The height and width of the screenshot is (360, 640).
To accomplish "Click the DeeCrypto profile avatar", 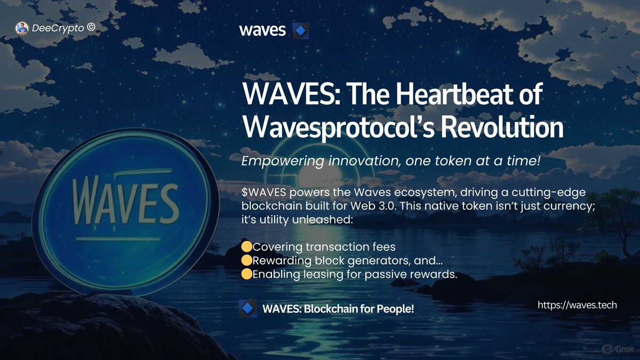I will pyautogui.click(x=21, y=28).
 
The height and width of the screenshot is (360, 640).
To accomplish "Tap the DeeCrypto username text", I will pyautogui.click(x=58, y=28).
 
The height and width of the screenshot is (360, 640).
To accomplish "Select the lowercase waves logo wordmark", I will pyautogui.click(x=262, y=30).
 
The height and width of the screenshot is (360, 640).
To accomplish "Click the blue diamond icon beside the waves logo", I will pyautogui.click(x=301, y=30).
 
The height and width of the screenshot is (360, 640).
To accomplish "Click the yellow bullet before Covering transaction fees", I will pyautogui.click(x=246, y=247).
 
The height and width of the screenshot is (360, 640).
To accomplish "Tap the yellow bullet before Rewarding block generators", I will pyautogui.click(x=246, y=261).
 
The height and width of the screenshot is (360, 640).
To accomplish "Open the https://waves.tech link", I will pyautogui.click(x=577, y=305).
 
